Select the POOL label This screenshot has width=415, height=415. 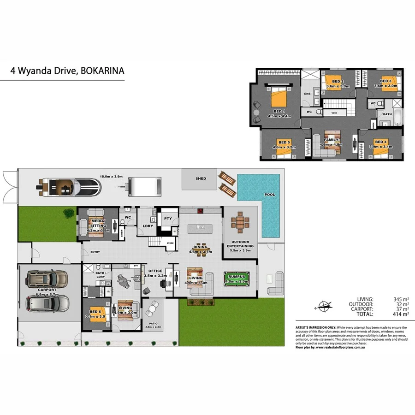point(269,195)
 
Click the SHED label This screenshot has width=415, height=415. point(201,178)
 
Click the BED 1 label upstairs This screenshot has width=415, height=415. point(279,111)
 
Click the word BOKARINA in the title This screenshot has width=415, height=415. point(102,71)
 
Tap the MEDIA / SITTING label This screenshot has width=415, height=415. point(98,223)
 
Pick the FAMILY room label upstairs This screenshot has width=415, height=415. point(331,140)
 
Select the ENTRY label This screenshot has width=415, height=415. point(95,252)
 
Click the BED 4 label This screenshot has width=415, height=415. point(380,142)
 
